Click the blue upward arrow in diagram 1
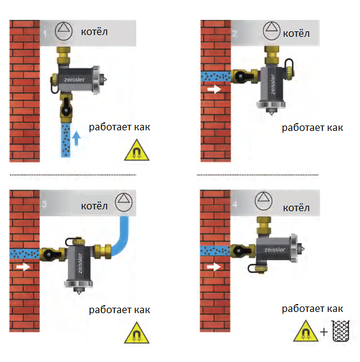[x=77, y=138]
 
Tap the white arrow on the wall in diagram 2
[x=214, y=89]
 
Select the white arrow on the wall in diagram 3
[x=23, y=267]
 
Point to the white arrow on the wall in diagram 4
[x=213, y=267]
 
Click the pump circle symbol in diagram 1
[x=63, y=31]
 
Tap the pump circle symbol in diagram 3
[x=124, y=203]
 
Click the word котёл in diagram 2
[x=296, y=34]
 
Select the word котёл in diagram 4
[x=296, y=208]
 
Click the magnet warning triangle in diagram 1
[x=137, y=150]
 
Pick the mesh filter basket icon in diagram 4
[x=341, y=331]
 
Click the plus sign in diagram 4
[x=324, y=332]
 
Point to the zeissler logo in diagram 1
[x=74, y=80]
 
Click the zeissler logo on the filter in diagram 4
[x=274, y=250]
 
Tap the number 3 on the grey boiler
[x=44, y=204]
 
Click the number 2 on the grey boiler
[x=235, y=34]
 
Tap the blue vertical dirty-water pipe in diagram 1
[x=66, y=140]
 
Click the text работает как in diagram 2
[x=312, y=128]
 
